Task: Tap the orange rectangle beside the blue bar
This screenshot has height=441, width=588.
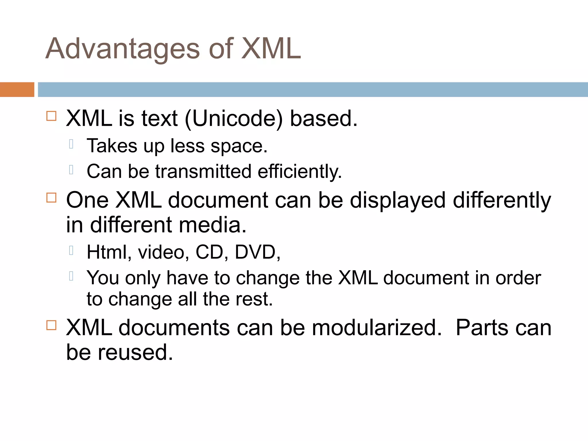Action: [17, 90]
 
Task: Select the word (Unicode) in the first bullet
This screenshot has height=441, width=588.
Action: [233, 119]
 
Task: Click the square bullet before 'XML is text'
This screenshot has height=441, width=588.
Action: [51, 116]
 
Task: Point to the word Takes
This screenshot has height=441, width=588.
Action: [112, 146]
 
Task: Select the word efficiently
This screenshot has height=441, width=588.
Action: [300, 172]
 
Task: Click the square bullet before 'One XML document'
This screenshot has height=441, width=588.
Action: [51, 198]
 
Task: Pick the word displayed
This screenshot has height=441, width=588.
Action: [398, 200]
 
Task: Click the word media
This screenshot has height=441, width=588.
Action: [213, 225]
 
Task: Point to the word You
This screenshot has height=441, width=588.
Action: [103, 278]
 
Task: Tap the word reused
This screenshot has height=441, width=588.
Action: [136, 352]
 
